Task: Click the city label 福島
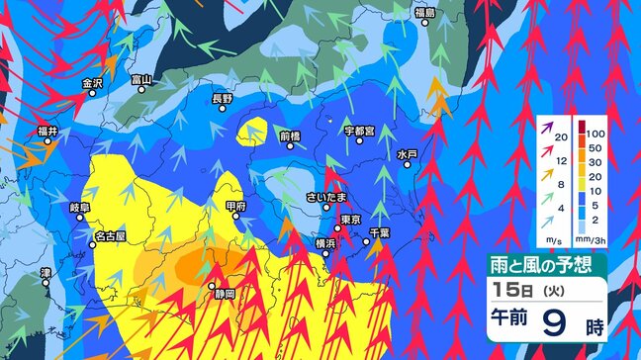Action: click(424, 13)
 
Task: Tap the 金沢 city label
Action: click(92, 83)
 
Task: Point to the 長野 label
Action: click(223, 100)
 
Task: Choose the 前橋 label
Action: click(290, 135)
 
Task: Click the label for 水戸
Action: click(408, 155)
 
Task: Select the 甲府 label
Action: click(236, 207)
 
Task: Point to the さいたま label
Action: click(325, 196)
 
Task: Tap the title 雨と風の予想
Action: click(544, 264)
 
